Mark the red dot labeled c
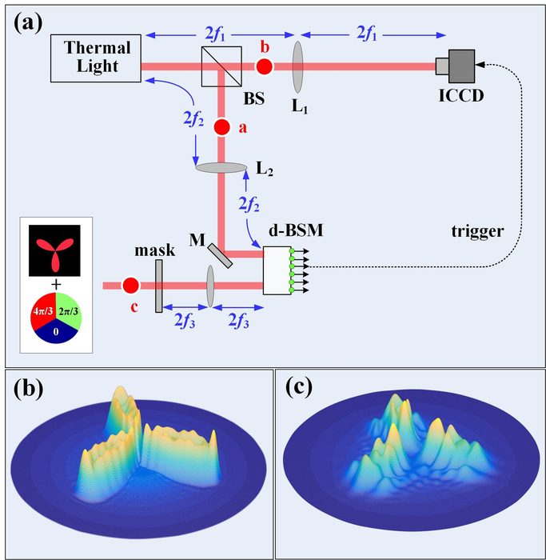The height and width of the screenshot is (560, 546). [130, 284]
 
